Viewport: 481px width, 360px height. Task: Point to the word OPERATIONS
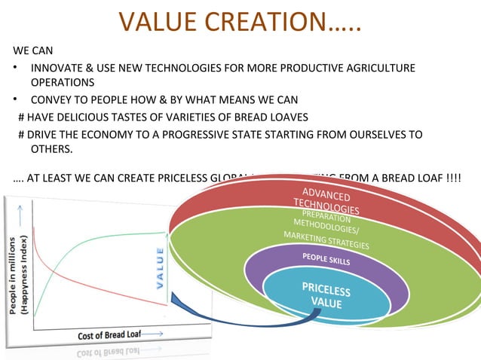[62, 83]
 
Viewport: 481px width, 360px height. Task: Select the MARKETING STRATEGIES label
[326, 240]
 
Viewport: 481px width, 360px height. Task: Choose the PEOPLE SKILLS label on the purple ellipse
[326, 258]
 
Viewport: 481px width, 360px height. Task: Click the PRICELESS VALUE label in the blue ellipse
[326, 295]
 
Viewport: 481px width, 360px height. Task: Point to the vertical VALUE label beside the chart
[160, 268]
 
